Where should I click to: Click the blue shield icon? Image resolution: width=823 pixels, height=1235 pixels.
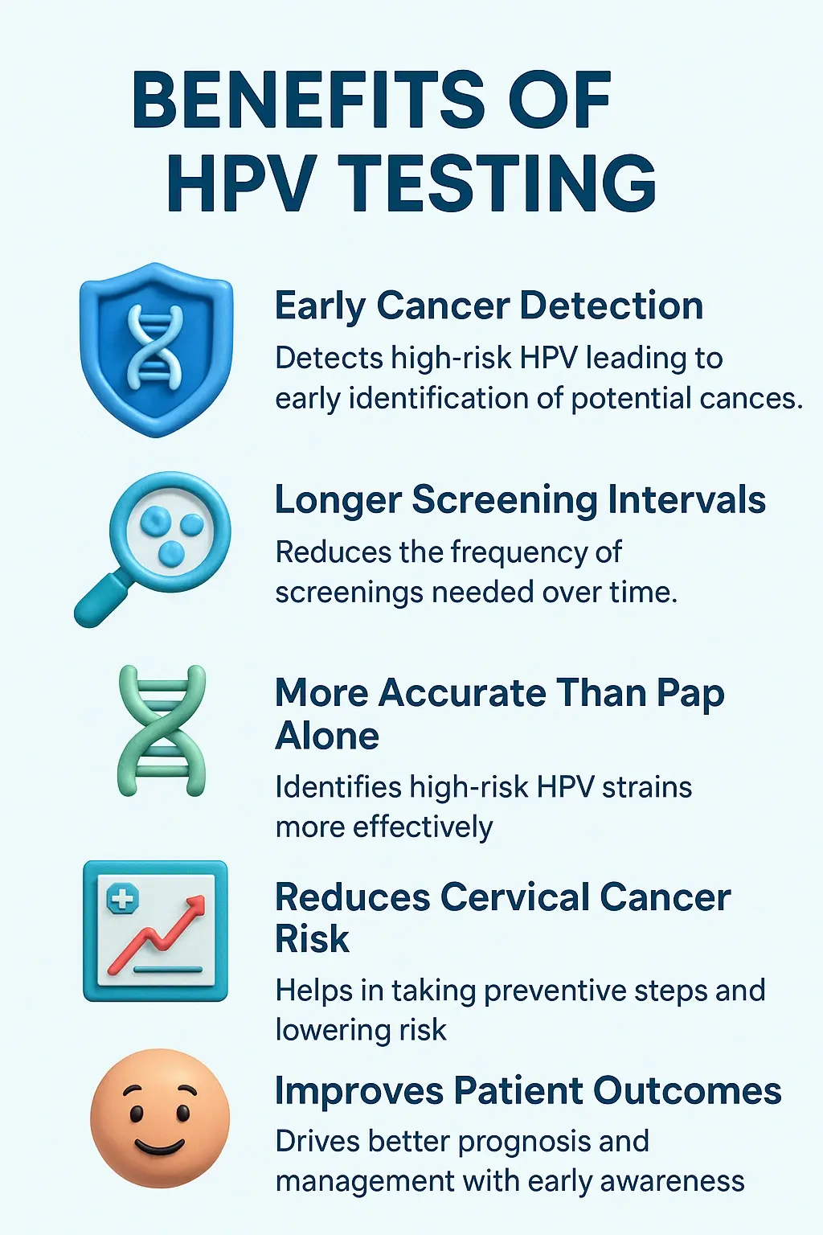pyautogui.click(x=157, y=349)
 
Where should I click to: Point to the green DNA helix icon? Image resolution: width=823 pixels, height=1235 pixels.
pyautogui.click(x=162, y=731)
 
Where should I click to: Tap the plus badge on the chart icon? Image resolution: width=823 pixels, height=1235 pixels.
pyautogui.click(x=123, y=898)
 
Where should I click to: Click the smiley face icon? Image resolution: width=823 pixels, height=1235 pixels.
pyautogui.click(x=160, y=1118)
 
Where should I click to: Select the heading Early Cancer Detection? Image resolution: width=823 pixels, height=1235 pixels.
pyautogui.click(x=489, y=306)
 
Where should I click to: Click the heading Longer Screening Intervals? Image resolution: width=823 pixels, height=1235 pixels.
pyautogui.click(x=520, y=499)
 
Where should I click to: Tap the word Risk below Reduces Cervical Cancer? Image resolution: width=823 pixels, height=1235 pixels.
pyautogui.click(x=312, y=939)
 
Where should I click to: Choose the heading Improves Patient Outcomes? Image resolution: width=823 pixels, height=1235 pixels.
pyautogui.click(x=528, y=1091)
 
